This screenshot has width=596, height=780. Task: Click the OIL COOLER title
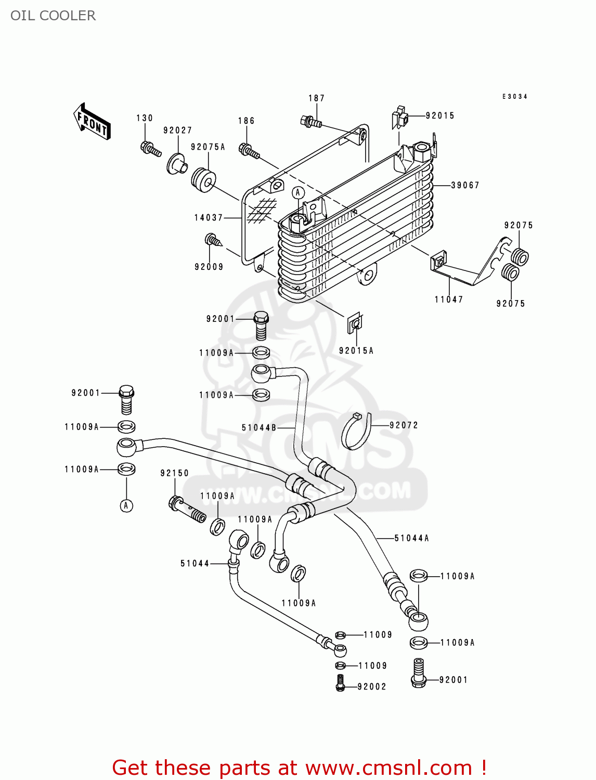pos(53,16)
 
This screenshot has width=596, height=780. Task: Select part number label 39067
pos(465,185)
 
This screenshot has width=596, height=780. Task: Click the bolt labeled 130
pos(150,148)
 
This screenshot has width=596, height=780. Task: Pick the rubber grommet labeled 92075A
pos(203,179)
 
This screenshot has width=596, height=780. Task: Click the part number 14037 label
pos(209,217)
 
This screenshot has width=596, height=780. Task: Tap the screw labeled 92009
pos(213,240)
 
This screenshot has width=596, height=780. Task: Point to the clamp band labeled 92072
pos(357,431)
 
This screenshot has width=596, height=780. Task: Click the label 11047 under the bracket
pos(449,300)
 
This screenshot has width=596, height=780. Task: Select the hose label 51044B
pos(259,428)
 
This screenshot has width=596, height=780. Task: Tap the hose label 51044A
pos(412,538)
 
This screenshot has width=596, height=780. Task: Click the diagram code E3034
pos(515,97)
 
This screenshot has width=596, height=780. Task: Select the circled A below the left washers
pos(126,505)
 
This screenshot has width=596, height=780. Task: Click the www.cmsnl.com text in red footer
pos(388,768)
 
